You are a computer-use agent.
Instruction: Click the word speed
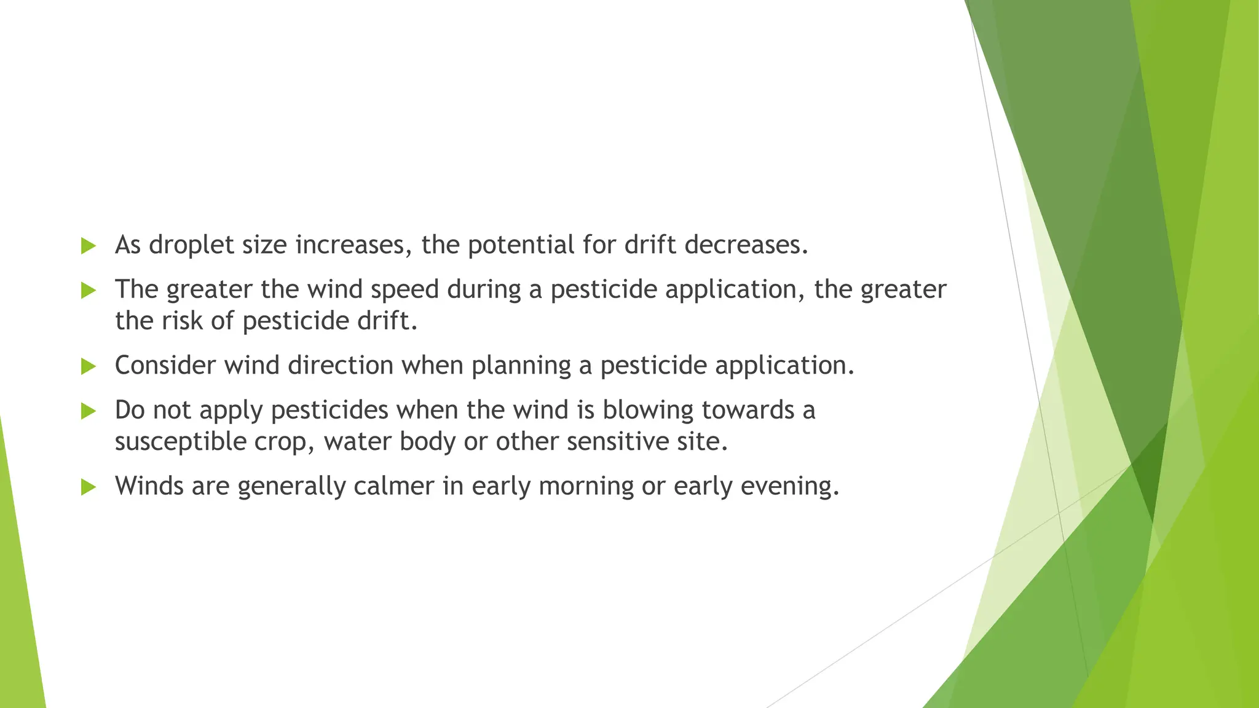pos(405,289)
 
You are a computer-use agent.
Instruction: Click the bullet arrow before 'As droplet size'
pos(89,246)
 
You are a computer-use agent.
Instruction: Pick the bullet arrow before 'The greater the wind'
pos(89,291)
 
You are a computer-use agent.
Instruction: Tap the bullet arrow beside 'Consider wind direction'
pos(89,367)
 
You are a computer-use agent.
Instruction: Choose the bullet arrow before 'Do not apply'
pos(89,411)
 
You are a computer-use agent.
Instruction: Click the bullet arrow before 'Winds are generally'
pos(89,487)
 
